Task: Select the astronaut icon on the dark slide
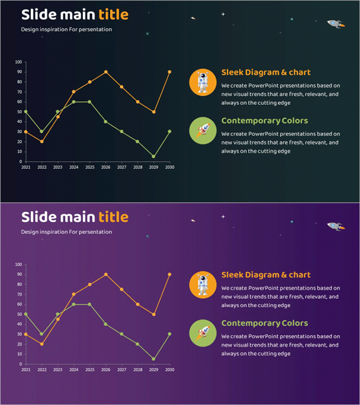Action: coord(203,82)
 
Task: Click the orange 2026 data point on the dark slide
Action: coord(106,72)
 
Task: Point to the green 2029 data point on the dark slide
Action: coord(154,157)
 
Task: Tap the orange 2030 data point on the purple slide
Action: coord(170,274)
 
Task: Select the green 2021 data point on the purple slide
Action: coord(26,314)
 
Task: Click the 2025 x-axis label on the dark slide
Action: coord(90,167)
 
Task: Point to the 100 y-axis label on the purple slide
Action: coord(18,265)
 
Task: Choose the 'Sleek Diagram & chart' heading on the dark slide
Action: coord(266,72)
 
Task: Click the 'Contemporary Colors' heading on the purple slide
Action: coord(265,323)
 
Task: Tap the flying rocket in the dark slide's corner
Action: coord(335,23)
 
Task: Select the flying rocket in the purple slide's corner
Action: coord(335,226)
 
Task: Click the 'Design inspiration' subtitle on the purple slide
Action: coord(67,232)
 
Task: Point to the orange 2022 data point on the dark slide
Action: coord(41,141)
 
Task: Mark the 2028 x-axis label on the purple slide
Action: coord(138,370)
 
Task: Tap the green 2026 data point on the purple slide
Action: coord(106,324)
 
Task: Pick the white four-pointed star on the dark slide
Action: coord(223,14)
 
